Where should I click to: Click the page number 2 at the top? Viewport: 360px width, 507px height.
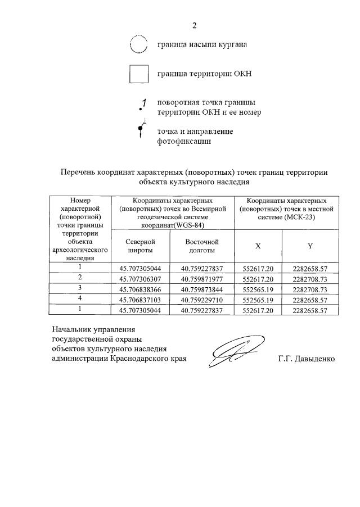(195, 25)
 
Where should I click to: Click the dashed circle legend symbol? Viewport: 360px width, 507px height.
(138, 44)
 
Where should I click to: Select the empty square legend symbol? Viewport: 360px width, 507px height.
(138, 74)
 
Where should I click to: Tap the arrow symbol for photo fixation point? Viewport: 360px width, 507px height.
(141, 130)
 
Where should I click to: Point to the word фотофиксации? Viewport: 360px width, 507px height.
(184, 142)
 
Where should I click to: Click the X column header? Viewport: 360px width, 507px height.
(258, 246)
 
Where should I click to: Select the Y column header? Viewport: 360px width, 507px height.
(310, 246)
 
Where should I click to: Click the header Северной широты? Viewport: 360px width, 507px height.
(140, 246)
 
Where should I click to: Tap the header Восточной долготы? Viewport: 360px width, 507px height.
(202, 246)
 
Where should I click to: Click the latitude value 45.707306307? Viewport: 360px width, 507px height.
(140, 278)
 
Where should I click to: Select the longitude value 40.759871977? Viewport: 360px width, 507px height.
(202, 278)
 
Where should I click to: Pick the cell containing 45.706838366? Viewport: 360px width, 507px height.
(140, 289)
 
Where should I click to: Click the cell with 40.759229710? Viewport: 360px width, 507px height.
(202, 300)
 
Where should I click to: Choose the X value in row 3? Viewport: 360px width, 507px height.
(258, 289)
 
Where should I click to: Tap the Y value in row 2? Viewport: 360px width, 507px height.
(310, 278)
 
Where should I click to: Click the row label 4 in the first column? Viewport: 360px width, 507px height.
(80, 299)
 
